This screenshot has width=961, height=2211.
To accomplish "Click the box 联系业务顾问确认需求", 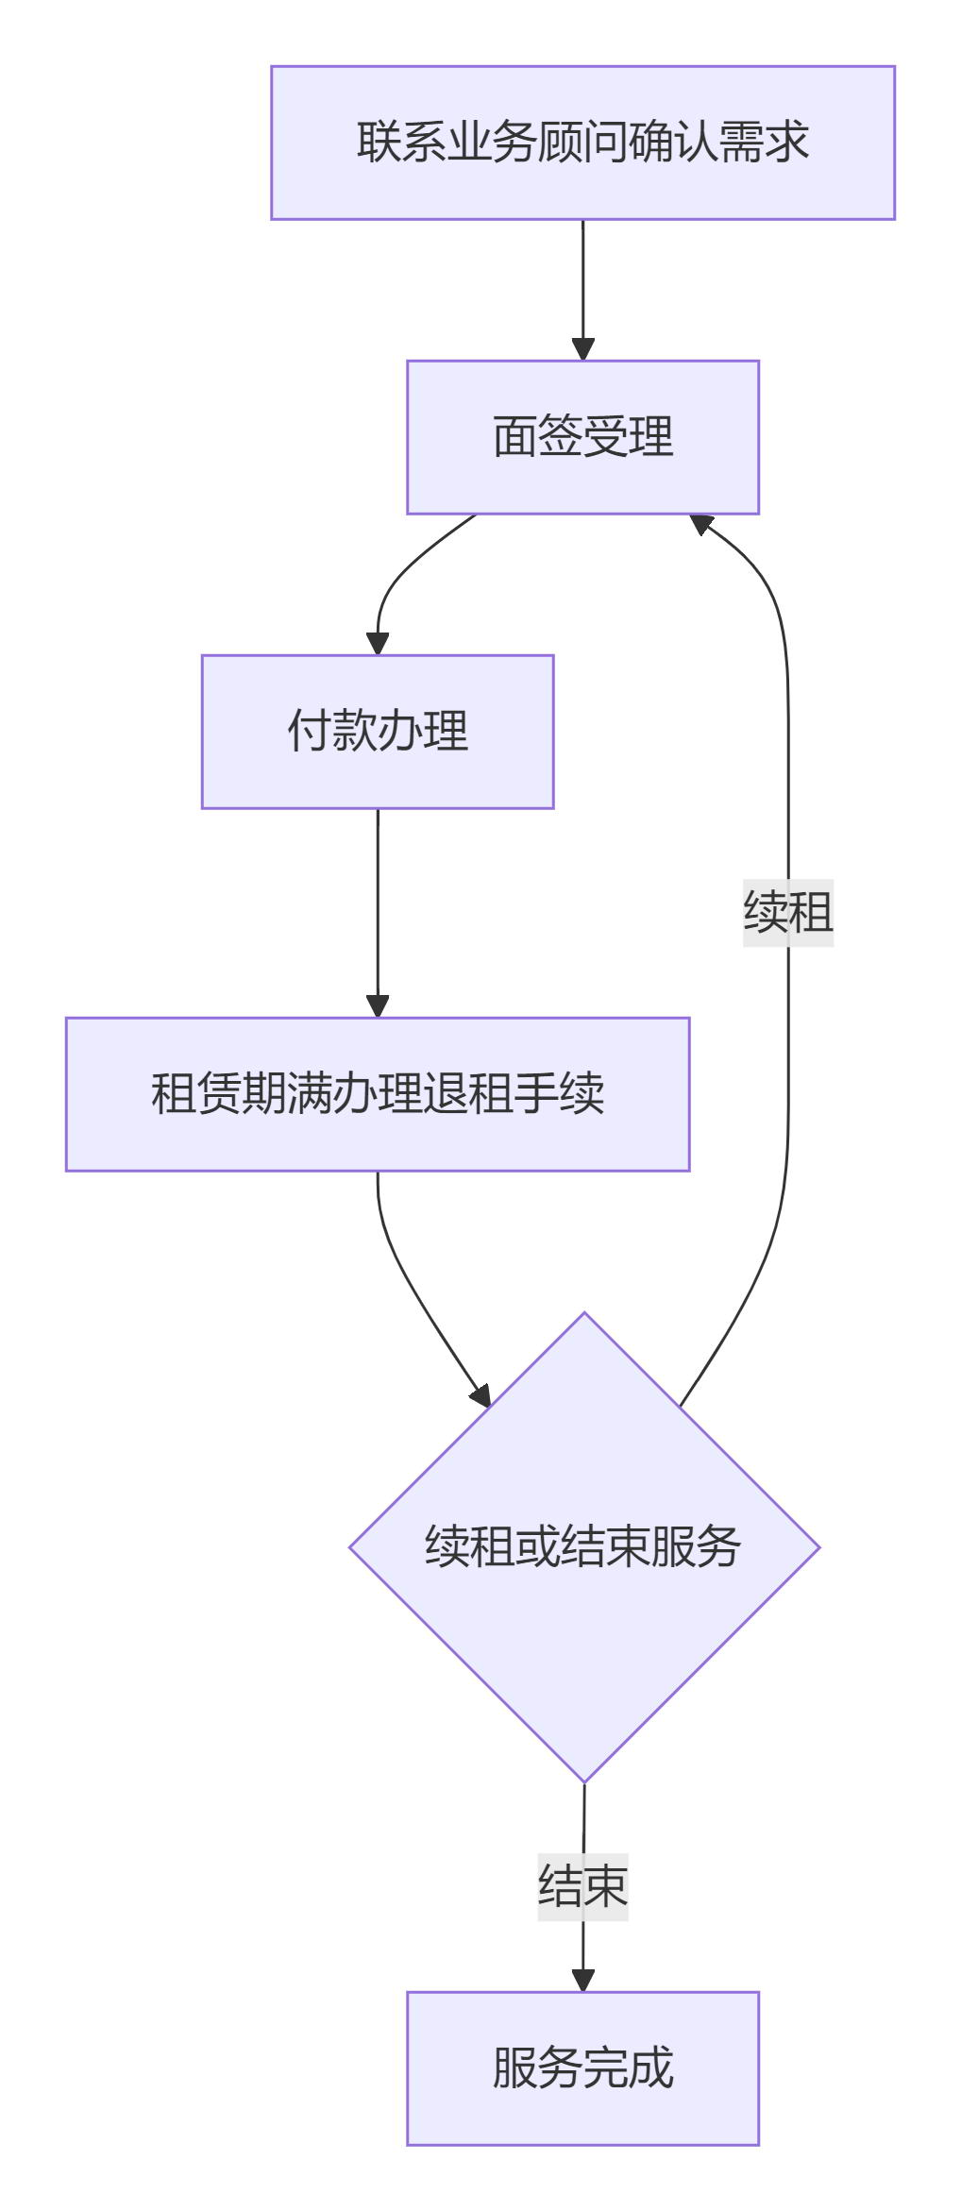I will [582, 143].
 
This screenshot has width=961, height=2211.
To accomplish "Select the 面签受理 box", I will [582, 437].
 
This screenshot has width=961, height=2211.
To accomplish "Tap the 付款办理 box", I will [377, 732].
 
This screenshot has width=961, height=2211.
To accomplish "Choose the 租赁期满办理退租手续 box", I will [377, 1094].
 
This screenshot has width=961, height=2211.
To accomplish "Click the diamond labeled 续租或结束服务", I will [583, 1548].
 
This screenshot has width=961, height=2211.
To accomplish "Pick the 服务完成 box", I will [582, 2068].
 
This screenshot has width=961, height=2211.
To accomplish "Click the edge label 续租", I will [788, 913].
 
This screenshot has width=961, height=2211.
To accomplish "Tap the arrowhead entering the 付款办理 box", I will [378, 643].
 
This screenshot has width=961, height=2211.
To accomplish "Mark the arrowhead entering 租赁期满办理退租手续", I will [378, 1005].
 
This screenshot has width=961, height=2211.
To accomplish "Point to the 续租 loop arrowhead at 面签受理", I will [701, 523].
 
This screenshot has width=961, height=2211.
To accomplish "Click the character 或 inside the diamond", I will [537, 1548].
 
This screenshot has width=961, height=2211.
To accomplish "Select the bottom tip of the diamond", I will [583, 1781].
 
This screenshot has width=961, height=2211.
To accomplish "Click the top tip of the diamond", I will [583, 1314].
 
